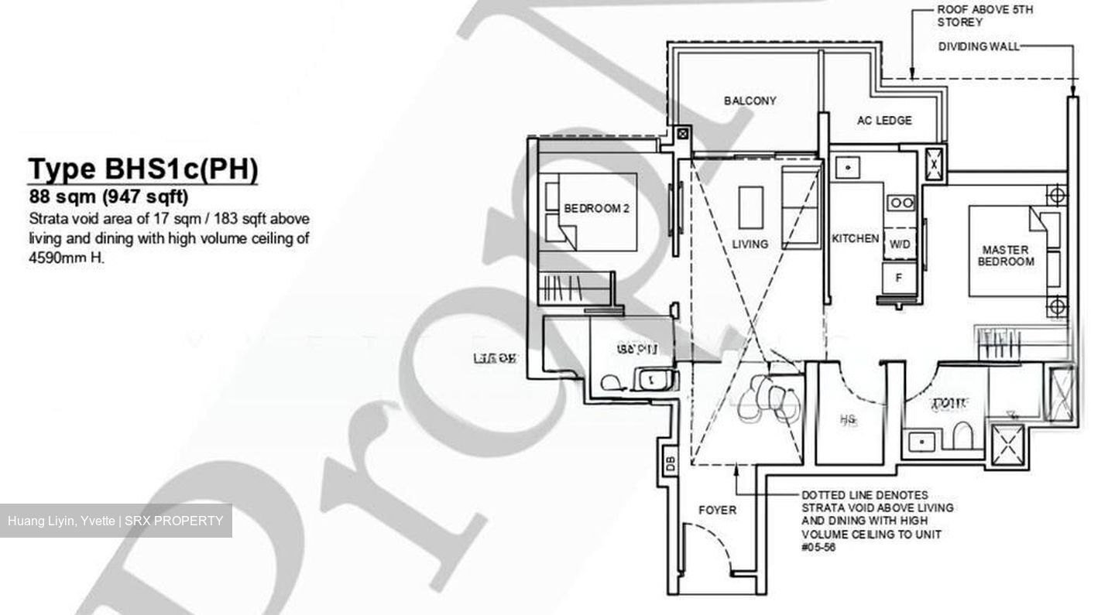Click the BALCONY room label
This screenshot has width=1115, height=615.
[x=750, y=101]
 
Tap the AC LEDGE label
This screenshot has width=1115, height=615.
[x=883, y=121]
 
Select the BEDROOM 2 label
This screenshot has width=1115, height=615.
[x=596, y=208]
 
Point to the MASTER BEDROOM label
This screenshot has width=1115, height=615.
[x=1005, y=255]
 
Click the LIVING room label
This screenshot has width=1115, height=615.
[x=750, y=244]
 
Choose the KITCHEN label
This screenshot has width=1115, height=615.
[x=855, y=239]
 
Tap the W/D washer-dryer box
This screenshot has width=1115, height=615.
[x=900, y=244]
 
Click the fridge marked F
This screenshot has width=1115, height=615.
[x=899, y=277]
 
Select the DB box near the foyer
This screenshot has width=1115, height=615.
[x=671, y=463]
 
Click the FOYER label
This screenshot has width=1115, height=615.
[x=717, y=511]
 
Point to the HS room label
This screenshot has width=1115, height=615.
[x=847, y=420]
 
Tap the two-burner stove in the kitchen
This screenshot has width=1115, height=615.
[x=902, y=203]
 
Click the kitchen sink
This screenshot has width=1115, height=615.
[x=849, y=167]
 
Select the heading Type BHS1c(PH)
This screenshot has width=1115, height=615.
[x=142, y=169]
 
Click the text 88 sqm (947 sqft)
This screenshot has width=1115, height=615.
[x=108, y=196]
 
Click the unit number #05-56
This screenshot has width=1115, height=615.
[x=819, y=548]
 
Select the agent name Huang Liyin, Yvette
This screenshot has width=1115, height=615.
[x=61, y=521]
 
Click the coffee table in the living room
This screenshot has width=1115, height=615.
[x=750, y=207]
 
